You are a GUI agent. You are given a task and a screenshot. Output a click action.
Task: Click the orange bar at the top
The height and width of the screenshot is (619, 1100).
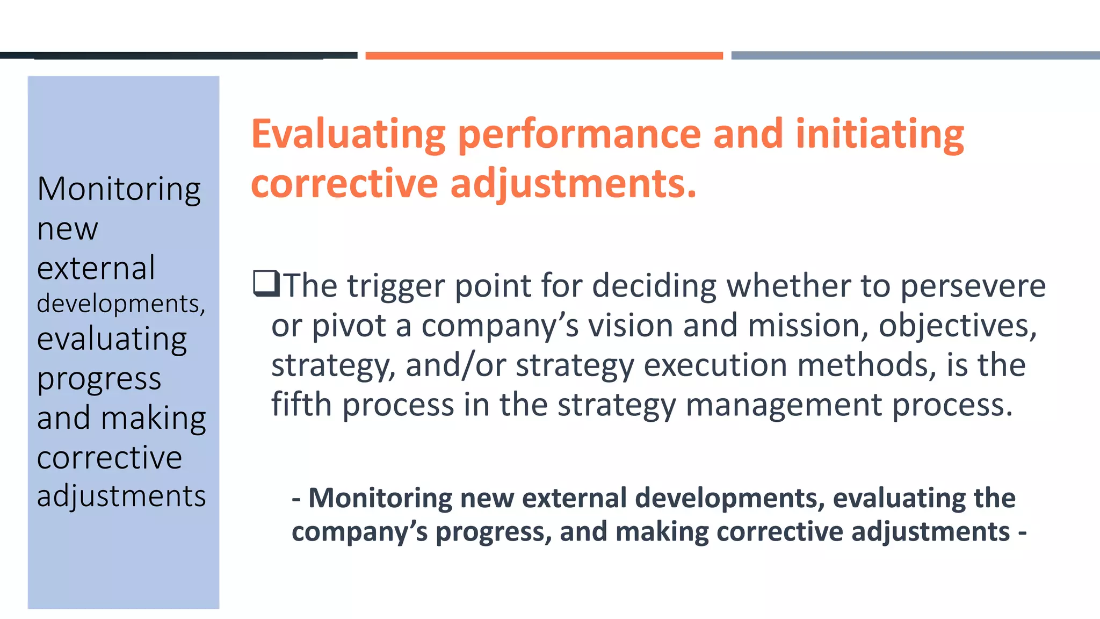[544, 55]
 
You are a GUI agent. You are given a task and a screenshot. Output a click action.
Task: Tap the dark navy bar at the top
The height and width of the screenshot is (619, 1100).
[178, 55]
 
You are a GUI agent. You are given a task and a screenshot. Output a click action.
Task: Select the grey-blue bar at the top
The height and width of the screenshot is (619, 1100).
[915, 55]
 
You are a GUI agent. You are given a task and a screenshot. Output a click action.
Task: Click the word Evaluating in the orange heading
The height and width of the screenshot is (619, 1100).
[348, 134]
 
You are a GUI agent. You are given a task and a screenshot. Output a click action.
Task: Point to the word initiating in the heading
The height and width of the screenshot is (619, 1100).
[879, 134]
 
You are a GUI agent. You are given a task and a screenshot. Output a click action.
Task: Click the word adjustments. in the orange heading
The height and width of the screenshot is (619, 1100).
[573, 184]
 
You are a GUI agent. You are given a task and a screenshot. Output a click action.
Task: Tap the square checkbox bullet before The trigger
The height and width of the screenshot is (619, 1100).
[266, 284]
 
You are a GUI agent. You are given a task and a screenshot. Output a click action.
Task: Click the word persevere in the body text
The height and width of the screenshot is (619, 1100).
[973, 286]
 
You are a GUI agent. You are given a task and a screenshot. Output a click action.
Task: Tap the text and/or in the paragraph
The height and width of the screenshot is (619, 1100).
[455, 365]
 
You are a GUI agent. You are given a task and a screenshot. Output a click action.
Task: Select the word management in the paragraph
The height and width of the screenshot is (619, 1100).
[784, 405]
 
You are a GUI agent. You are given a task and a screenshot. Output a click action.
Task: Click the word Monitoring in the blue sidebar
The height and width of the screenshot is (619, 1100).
[119, 189]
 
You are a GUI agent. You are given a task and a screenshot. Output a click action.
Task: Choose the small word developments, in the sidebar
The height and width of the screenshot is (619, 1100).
[121, 304]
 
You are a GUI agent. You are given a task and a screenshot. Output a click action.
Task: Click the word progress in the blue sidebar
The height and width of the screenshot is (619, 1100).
[99, 379]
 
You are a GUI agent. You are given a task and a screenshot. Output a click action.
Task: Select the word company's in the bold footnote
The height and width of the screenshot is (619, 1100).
[359, 532]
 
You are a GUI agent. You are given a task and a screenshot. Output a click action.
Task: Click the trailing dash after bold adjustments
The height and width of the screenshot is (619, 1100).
[1022, 532]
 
